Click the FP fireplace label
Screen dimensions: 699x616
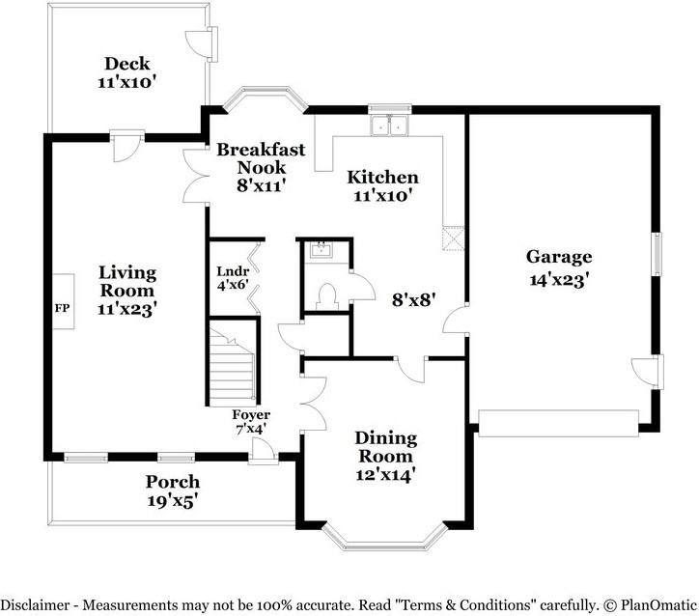point(62,308)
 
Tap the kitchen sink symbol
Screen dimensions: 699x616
point(389,126)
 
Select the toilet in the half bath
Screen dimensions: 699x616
point(326,296)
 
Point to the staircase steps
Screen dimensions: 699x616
point(233,366)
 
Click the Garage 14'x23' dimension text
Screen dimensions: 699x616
point(560,280)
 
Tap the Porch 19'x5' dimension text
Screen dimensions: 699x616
point(173,501)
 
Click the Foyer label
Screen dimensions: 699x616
point(251,415)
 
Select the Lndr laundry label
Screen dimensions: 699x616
point(233,271)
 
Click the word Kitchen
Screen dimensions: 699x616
point(382,177)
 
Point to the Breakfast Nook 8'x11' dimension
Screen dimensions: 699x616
point(261,185)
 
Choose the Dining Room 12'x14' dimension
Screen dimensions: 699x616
point(385,475)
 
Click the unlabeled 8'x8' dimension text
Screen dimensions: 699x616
point(413,300)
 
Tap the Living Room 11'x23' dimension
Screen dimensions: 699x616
point(127,309)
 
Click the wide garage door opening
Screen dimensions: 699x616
point(559,424)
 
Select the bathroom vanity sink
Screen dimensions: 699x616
point(321,250)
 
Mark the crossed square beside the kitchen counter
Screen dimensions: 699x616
point(453,238)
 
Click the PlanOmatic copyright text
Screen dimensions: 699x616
point(650,605)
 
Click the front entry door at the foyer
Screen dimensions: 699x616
point(263,450)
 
